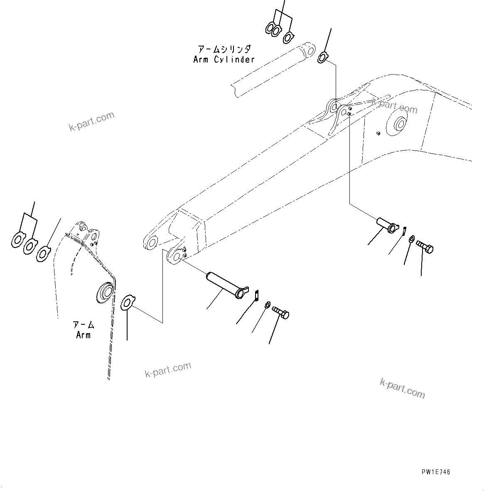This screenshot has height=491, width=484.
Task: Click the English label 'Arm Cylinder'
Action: pyautogui.click(x=224, y=59)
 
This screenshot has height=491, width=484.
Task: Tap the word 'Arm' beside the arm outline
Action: pyautogui.click(x=83, y=335)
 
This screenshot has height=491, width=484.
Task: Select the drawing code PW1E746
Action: pyautogui.click(x=435, y=472)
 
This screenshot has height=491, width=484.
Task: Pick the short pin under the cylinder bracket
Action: pyautogui.click(x=386, y=224)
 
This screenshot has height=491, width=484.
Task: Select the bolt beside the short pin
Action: pyautogui.click(x=424, y=247)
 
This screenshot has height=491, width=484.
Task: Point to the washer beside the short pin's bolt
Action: pyautogui.click(x=411, y=239)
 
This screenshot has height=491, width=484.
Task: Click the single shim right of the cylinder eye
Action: pyautogui.click(x=323, y=57)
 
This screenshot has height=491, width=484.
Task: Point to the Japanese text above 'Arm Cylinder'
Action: pyautogui.click(x=224, y=49)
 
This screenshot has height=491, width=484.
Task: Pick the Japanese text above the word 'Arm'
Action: pyautogui.click(x=83, y=325)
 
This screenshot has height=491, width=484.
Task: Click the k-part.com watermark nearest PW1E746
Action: pyautogui.click(x=402, y=388)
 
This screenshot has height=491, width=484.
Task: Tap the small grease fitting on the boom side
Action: pyautogui.click(x=378, y=133)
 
